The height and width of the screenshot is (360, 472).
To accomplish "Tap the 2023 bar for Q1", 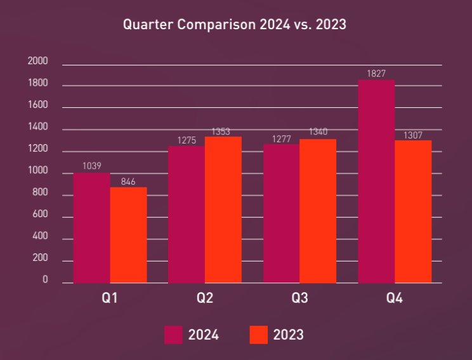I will (x=128, y=235).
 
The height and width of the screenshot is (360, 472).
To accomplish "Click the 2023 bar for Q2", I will (x=223, y=210).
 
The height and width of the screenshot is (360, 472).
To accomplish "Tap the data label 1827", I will (x=376, y=74).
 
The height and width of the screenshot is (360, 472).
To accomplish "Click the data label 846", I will (x=128, y=182).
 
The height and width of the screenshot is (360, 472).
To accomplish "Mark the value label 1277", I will (x=281, y=139).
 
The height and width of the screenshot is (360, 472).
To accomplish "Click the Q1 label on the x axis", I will (x=110, y=298).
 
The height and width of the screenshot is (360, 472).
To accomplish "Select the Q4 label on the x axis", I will (x=394, y=298).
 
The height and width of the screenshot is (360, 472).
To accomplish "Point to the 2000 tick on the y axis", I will (x=38, y=62).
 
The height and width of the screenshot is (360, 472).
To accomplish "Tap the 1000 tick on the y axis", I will (x=38, y=171).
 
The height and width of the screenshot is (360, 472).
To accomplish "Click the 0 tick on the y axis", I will (x=45, y=280).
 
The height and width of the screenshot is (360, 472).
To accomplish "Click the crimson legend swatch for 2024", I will (x=173, y=335).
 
